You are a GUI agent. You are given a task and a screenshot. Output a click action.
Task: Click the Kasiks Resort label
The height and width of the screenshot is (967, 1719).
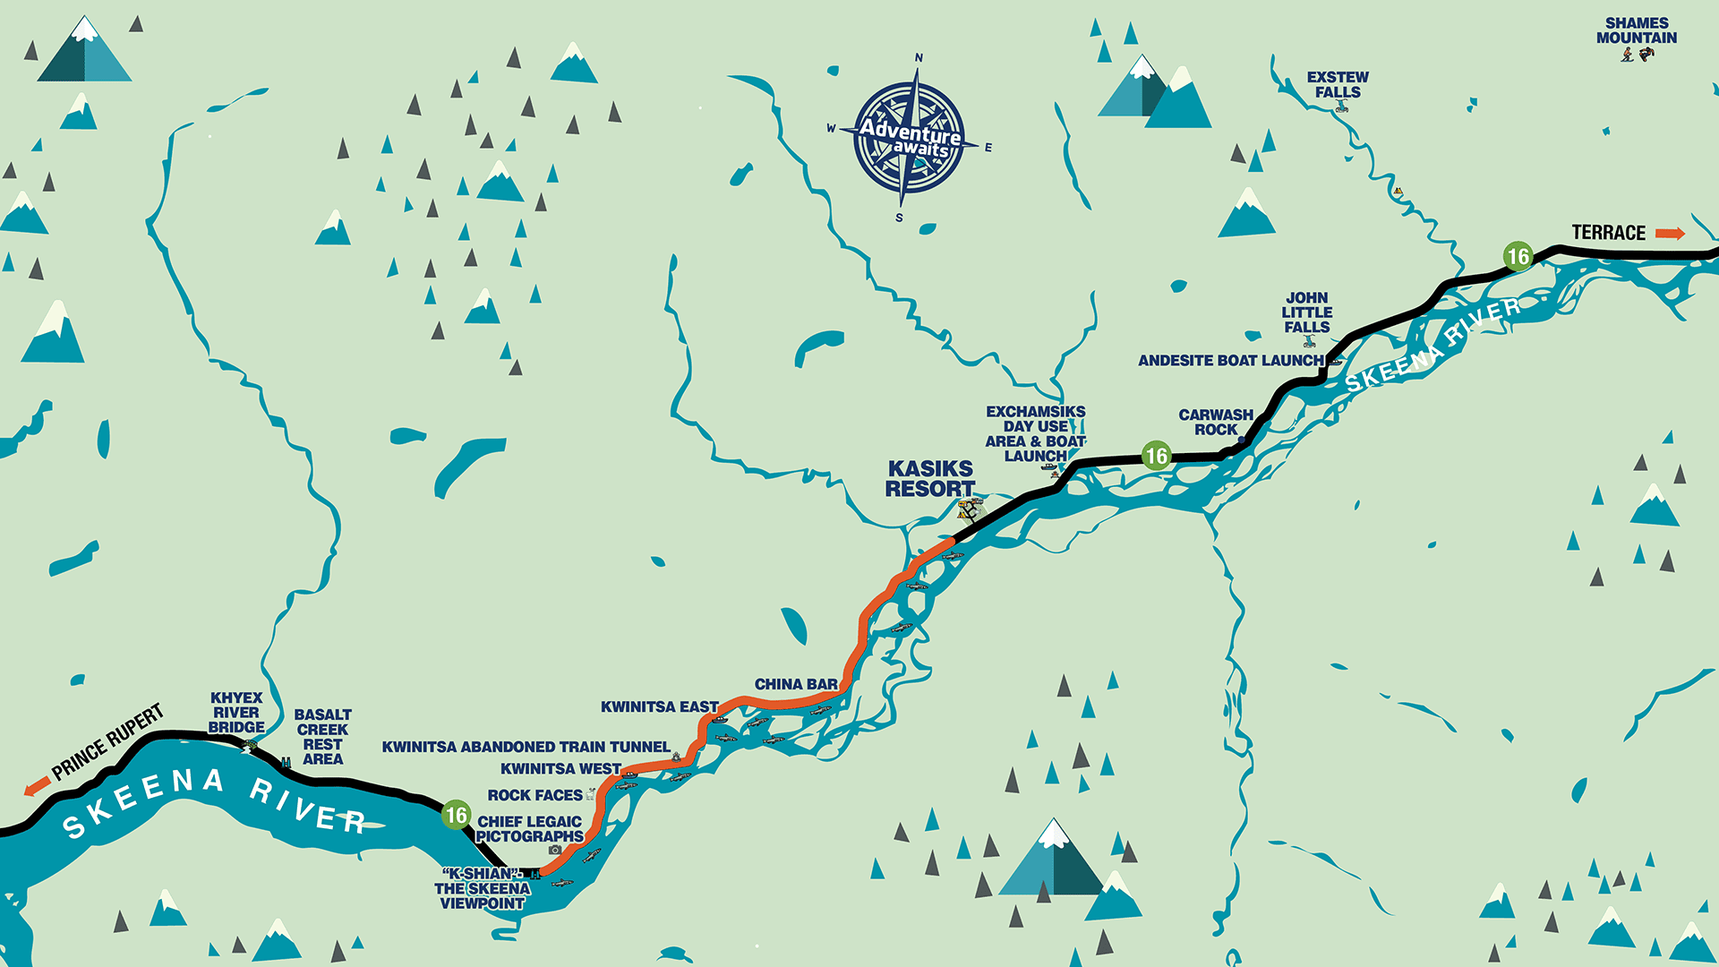point(930,479)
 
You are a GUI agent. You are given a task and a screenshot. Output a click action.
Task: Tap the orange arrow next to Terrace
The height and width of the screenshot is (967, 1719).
point(1670,234)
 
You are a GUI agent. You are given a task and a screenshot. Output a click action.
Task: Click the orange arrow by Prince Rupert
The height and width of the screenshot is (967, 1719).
point(37,786)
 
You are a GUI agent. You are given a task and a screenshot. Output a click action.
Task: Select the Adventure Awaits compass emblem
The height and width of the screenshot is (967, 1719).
point(910,137)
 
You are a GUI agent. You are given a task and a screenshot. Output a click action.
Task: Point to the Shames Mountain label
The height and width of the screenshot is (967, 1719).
point(1637,30)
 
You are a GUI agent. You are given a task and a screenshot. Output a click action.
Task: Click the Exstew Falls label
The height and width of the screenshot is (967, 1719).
point(1338,84)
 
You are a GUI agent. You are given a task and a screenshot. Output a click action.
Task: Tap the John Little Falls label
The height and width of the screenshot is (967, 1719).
point(1307,312)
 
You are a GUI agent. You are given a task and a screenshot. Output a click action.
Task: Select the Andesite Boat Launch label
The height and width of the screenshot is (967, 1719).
point(1230,361)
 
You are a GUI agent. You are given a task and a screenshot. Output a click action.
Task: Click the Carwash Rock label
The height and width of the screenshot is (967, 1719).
point(1216,422)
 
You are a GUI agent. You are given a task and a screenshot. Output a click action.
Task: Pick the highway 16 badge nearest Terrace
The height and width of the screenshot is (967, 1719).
point(1518,257)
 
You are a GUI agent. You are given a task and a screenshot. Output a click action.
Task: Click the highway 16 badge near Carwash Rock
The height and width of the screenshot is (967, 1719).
point(1156,456)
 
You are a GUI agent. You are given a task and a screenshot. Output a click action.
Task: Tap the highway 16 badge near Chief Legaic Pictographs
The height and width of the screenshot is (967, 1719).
point(457,815)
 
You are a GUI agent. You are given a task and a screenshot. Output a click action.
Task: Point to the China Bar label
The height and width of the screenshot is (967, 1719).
point(796,684)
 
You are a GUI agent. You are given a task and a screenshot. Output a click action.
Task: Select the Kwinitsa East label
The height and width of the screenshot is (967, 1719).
point(659,707)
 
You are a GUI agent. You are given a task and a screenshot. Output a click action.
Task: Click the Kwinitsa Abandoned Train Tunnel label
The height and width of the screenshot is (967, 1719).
point(526,747)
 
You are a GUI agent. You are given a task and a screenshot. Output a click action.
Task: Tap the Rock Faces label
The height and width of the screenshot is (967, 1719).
point(535,795)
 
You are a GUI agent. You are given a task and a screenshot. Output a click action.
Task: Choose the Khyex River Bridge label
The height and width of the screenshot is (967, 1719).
point(236,713)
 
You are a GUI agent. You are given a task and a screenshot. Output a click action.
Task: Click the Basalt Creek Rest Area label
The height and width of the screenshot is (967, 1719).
point(322,737)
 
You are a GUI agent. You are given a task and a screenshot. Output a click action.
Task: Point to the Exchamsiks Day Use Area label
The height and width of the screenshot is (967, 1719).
point(1036,433)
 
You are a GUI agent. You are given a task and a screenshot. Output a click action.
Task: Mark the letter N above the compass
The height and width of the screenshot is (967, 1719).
point(919,58)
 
